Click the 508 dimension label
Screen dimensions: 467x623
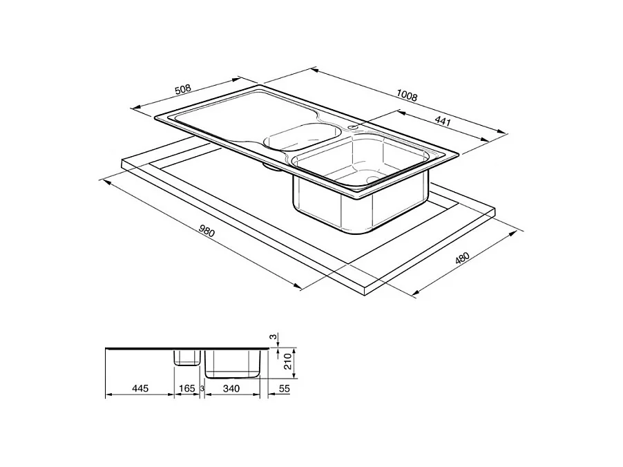coord(182,90)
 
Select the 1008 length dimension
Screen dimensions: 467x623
coord(408,97)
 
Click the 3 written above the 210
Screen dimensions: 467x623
coord(274,338)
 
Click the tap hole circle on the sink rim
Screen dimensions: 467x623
coord(353,127)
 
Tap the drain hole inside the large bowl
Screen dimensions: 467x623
coord(373,180)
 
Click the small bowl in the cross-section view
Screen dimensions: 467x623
coord(186,357)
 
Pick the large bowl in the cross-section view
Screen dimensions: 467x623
coord(232,363)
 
